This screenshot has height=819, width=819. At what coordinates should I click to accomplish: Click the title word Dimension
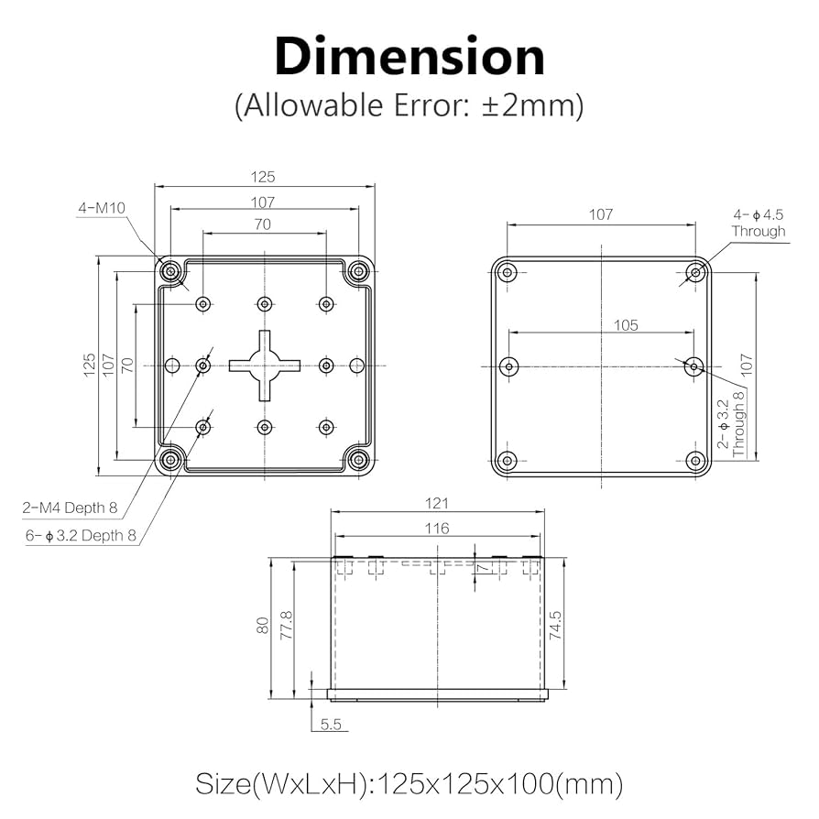409,57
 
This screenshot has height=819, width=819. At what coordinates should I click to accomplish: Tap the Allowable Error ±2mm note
409,105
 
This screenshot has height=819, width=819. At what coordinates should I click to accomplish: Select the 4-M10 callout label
101,208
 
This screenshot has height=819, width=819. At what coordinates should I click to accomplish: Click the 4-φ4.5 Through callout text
758,223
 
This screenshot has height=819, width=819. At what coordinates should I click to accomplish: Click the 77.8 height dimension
285,626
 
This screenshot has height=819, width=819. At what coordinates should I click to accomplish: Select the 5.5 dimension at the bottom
331,724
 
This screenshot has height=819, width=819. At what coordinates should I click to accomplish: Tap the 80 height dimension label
262,626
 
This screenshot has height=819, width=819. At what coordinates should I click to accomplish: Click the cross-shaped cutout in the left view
265,366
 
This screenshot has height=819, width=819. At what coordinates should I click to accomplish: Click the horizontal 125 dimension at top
264,177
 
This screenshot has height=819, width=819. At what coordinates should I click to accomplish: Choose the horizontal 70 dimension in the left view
264,223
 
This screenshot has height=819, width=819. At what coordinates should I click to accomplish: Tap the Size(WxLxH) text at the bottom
409,784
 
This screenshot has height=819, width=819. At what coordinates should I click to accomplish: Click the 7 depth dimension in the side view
485,570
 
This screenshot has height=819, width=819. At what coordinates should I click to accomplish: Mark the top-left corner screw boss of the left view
171,271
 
